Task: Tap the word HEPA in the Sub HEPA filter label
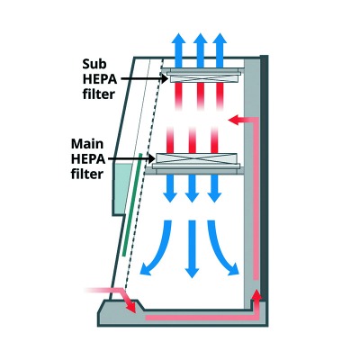tap(97, 77)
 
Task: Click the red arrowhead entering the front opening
tap(132, 307)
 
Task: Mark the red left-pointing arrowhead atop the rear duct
tap(236, 118)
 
